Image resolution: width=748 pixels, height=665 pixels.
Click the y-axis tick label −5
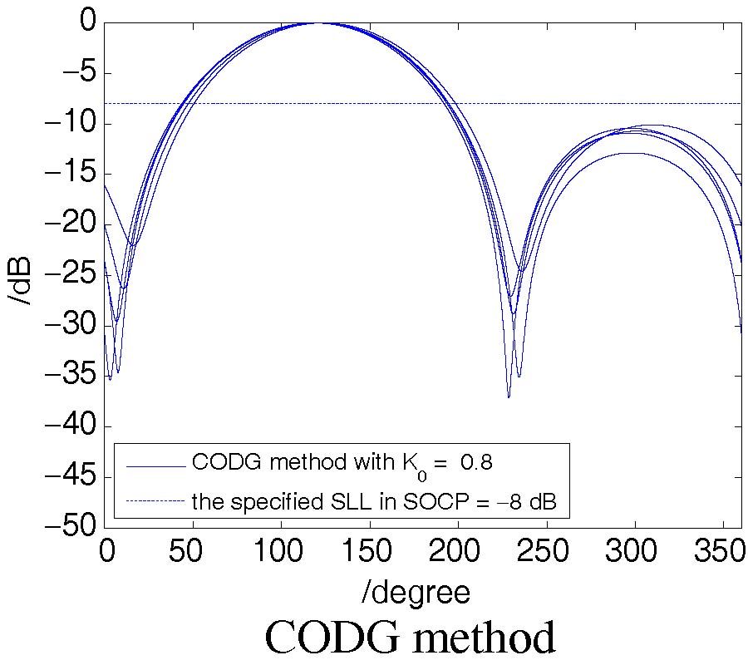click(x=76, y=73)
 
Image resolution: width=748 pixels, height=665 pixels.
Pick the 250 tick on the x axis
click(x=545, y=552)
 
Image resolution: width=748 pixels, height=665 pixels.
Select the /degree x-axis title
click(x=416, y=592)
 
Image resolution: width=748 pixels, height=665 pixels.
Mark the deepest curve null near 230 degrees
click(x=509, y=397)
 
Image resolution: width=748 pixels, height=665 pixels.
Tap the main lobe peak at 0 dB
click(x=317, y=22)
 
